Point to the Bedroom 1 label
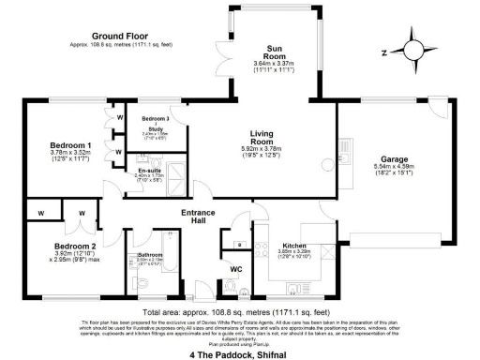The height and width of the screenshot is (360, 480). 70,146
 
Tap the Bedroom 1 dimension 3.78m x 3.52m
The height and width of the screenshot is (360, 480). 70,154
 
